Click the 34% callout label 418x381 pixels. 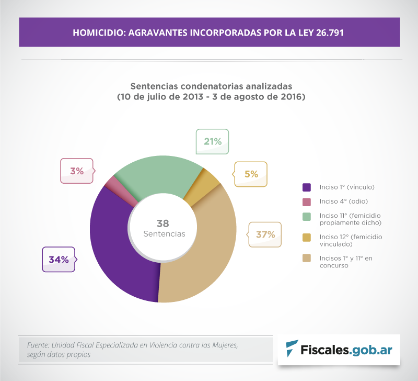point(59,260)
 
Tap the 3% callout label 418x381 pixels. point(77,171)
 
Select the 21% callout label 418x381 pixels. point(212,141)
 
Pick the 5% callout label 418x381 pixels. point(251,174)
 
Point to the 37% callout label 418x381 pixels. point(265,234)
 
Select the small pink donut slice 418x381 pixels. point(111,183)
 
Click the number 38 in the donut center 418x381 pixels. point(163,223)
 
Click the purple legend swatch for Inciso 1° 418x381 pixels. point(307,187)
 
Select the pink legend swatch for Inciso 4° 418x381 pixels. point(307,201)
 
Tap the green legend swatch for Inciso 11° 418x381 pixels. point(307,216)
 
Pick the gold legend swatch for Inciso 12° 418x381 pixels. point(307,237)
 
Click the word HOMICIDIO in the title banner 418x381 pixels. point(97,32)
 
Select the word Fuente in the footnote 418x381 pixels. point(38,345)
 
